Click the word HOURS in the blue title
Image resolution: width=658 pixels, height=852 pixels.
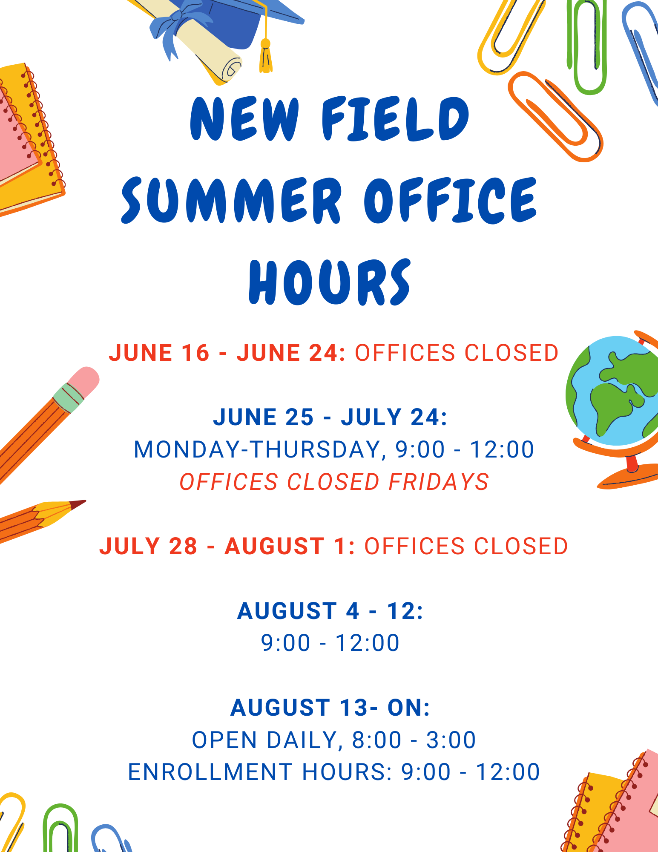tap(330, 282)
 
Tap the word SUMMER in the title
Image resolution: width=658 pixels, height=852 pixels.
tap(232, 200)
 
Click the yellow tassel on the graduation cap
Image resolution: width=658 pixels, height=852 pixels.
tap(265, 55)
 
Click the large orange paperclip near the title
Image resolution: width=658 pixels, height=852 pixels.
tap(554, 115)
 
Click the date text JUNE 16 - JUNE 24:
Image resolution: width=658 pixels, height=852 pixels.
tap(227, 353)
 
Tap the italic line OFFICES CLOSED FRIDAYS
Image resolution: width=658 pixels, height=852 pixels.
tap(334, 482)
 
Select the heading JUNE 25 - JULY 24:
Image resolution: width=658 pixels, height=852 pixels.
tap(330, 417)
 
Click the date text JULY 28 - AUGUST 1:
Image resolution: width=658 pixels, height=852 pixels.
tap(227, 546)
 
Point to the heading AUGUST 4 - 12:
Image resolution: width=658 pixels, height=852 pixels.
tap(330, 611)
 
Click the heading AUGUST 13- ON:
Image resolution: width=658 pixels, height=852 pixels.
tap(330, 708)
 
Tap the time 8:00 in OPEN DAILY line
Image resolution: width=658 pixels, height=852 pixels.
tap(377, 740)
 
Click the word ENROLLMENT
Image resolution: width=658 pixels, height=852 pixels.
tap(210, 772)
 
